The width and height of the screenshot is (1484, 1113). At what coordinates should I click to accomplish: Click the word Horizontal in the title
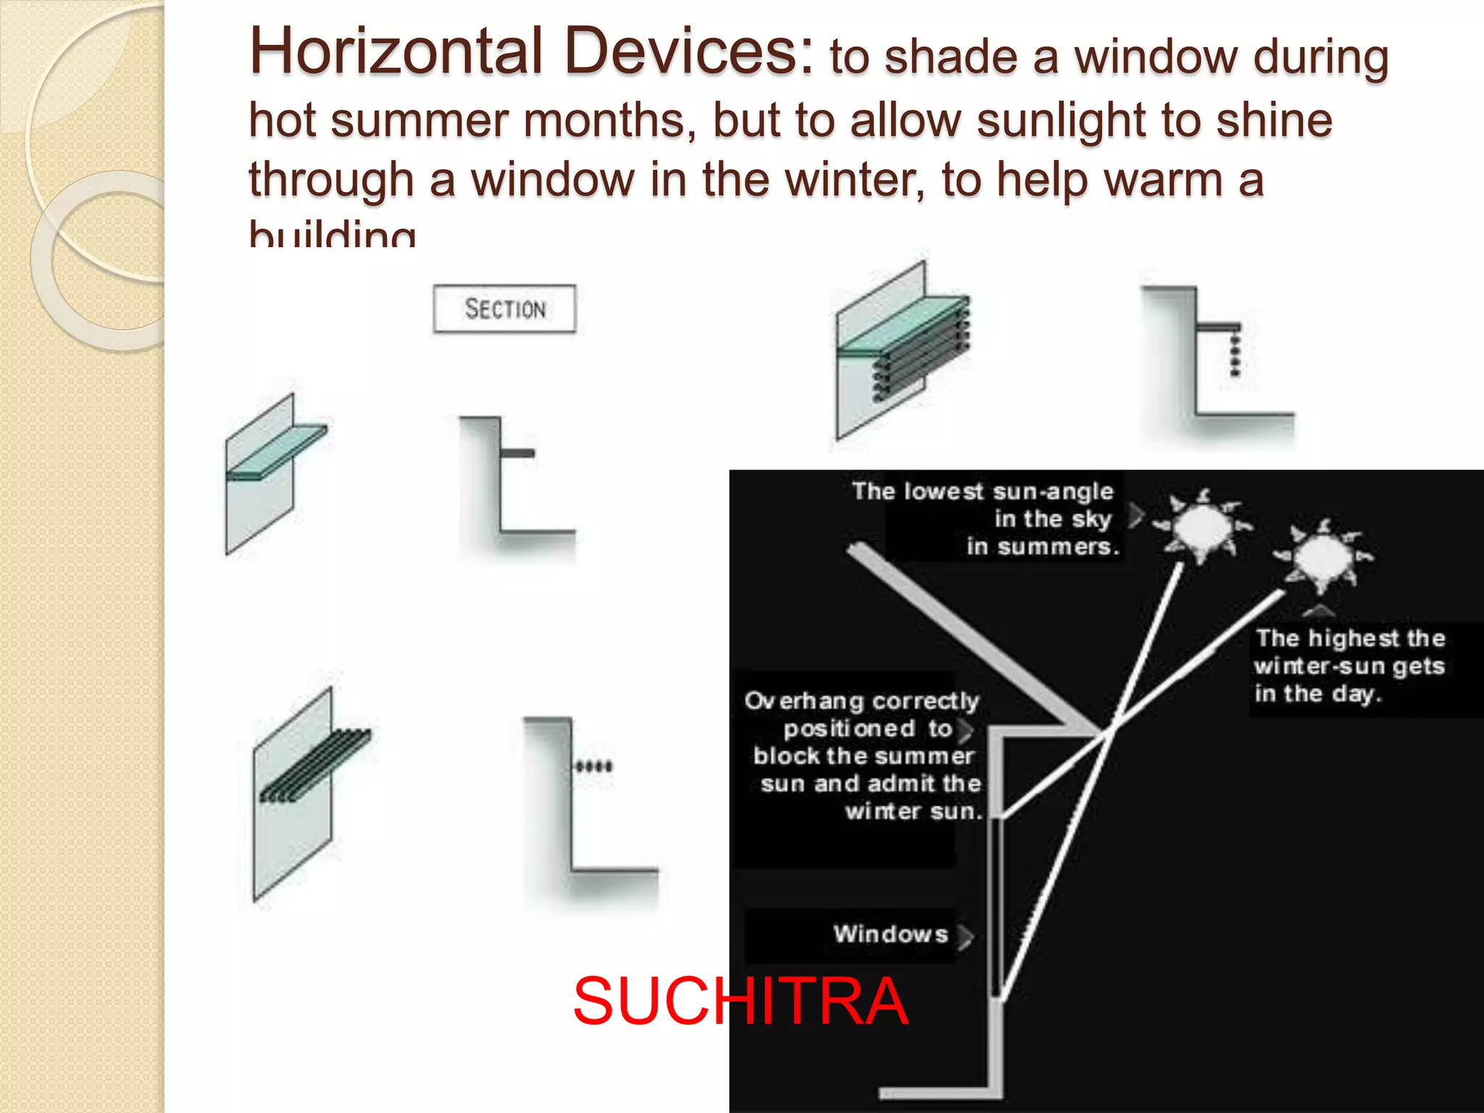(396, 51)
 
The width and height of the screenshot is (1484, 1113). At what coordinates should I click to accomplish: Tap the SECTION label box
(504, 309)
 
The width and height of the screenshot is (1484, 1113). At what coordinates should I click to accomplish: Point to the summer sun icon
(1203, 525)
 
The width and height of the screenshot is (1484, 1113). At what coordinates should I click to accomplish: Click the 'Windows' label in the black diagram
(891, 934)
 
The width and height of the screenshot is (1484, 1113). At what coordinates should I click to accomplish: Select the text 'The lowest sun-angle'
(982, 491)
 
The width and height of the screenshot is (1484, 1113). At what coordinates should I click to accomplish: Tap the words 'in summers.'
(1043, 546)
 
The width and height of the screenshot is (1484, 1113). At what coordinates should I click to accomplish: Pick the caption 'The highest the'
(1350, 638)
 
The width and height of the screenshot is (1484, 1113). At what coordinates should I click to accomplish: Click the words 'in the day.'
(1318, 693)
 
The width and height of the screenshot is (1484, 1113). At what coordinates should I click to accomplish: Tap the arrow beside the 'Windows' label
(965, 935)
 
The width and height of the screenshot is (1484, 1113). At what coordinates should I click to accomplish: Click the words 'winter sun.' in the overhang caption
(913, 811)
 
